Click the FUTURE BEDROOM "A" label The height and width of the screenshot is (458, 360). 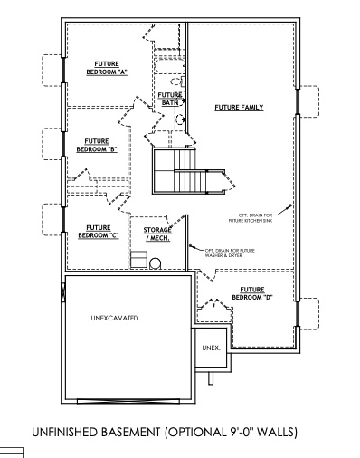[x=105, y=67]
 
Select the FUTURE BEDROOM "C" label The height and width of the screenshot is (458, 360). [x=98, y=232]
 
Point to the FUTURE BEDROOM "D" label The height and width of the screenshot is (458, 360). [x=252, y=293]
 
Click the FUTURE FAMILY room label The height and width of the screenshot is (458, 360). [x=239, y=107]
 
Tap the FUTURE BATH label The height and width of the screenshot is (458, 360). [x=170, y=99]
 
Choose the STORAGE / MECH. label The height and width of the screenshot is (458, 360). [x=157, y=234]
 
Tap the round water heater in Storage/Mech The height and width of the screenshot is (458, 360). [x=155, y=264]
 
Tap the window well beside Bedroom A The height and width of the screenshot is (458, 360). [x=52, y=71]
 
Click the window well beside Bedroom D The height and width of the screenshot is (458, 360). [x=309, y=313]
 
